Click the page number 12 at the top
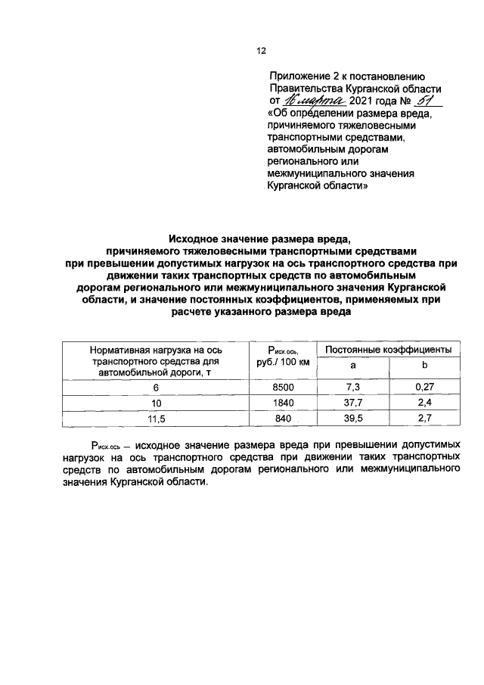tap(261, 51)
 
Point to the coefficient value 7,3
tap(352, 388)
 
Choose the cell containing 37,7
tap(352, 403)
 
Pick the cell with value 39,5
tap(352, 419)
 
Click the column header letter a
tap(352, 366)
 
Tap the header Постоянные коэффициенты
tap(388, 349)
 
